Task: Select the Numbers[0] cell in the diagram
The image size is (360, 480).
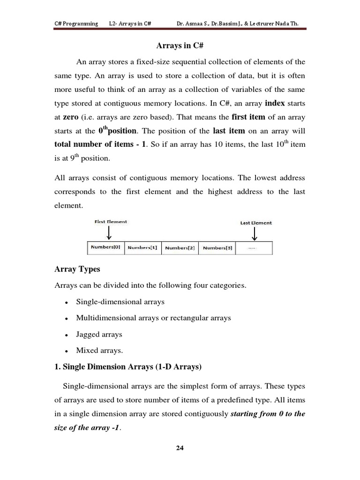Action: (x=106, y=247)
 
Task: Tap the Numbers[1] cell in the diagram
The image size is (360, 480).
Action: (x=143, y=247)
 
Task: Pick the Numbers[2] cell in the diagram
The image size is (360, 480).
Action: (x=180, y=247)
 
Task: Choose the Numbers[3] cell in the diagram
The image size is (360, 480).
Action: (x=217, y=247)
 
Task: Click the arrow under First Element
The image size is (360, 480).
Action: (x=109, y=232)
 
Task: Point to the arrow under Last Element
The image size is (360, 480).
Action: (x=255, y=233)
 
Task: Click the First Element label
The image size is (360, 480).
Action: (x=111, y=222)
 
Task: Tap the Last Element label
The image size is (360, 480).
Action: (x=256, y=223)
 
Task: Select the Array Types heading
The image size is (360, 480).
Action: (x=77, y=270)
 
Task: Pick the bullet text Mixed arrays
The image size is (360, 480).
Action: (x=99, y=350)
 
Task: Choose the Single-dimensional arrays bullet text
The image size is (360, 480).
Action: (x=120, y=301)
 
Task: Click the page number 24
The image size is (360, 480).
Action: (x=180, y=448)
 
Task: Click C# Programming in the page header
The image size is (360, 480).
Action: (x=76, y=23)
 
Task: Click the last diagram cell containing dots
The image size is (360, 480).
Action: (x=254, y=248)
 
